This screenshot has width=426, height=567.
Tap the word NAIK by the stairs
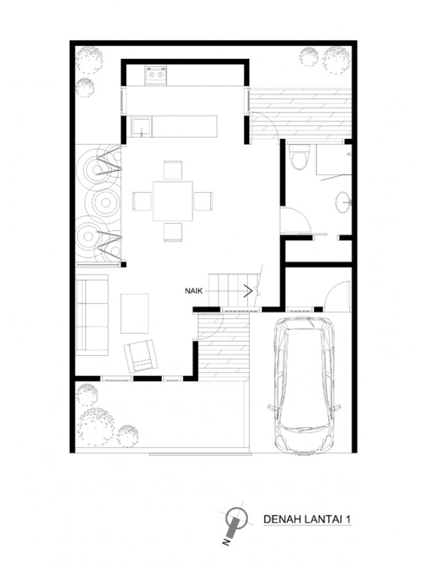(194, 291)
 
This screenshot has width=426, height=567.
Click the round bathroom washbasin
(343, 202)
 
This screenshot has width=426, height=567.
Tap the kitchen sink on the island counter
(142, 127)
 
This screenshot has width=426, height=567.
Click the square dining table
(173, 201)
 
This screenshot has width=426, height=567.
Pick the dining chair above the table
(173, 170)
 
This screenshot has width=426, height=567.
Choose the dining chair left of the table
(142, 201)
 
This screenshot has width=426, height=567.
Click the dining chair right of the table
(203, 201)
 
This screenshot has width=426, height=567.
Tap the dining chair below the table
(173, 232)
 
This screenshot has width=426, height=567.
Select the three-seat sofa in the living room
(92, 315)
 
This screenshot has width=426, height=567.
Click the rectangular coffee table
(135, 314)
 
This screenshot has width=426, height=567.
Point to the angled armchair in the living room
(141, 356)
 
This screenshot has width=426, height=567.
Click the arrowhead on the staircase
(249, 290)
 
